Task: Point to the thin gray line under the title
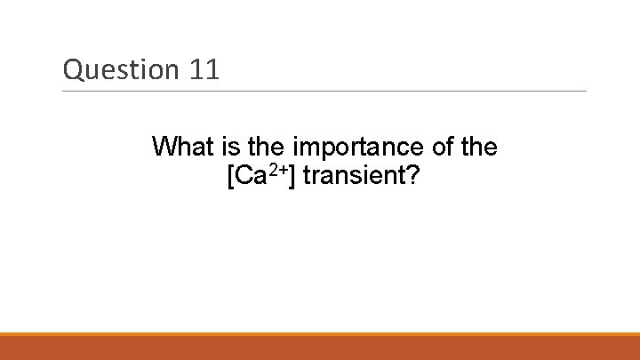[x=324, y=91]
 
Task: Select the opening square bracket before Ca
[x=232, y=176]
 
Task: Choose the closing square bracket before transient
[x=295, y=176]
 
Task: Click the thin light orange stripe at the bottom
[x=320, y=334]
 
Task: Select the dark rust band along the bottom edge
[x=320, y=348]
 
